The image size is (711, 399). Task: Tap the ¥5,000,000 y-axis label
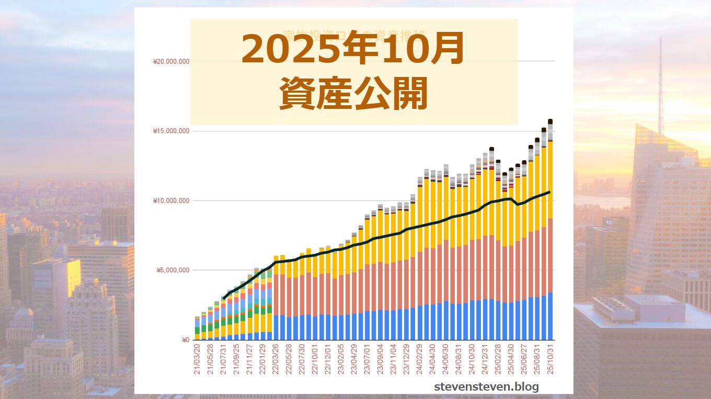(173, 270)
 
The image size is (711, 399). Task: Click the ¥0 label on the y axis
(185, 340)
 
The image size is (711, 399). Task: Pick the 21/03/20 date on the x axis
(198, 359)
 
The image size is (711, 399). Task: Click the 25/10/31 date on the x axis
(551, 359)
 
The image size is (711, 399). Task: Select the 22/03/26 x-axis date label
(276, 359)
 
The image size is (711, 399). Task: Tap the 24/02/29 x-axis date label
(420, 359)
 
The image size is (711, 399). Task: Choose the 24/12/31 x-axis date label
(485, 359)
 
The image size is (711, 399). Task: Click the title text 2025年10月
(353, 49)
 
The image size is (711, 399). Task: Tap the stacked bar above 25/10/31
(551, 230)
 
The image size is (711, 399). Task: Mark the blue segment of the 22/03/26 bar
(276, 327)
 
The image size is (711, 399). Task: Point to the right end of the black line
(550, 192)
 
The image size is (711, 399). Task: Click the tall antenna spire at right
(660, 84)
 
